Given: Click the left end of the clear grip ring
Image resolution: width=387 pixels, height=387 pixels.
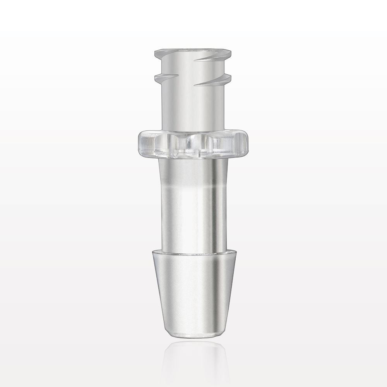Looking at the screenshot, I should click(140, 144).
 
